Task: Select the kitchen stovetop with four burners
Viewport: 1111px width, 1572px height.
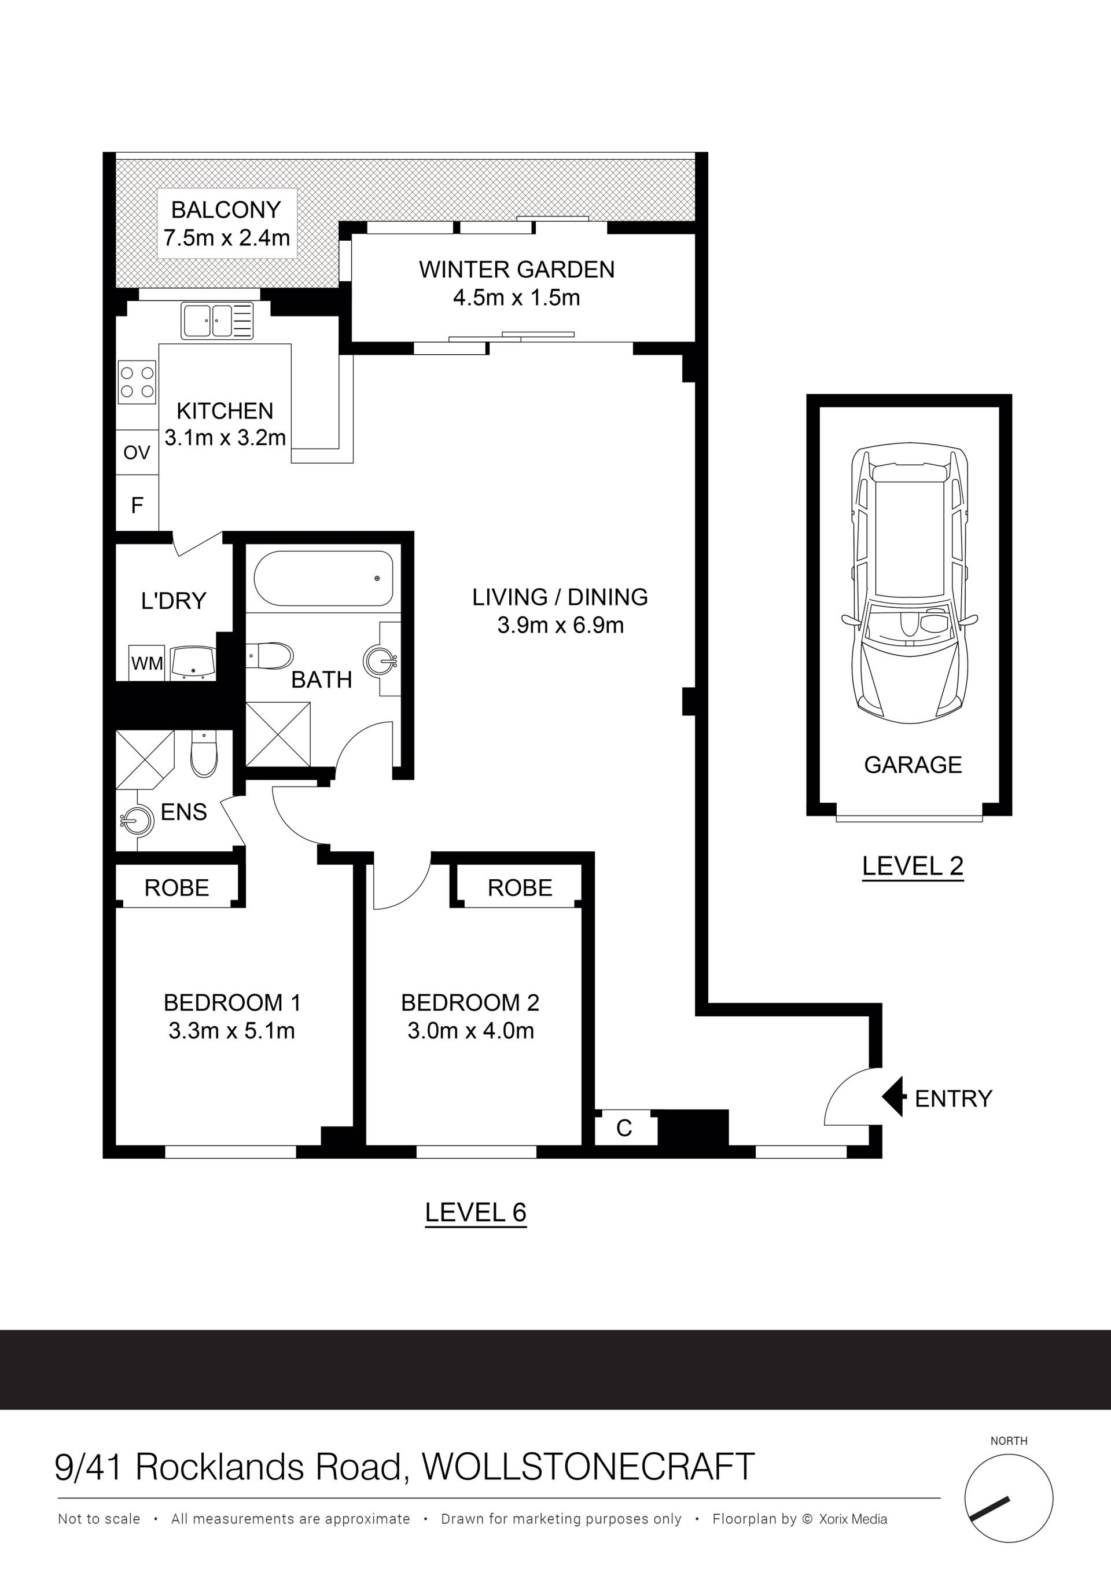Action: point(137,382)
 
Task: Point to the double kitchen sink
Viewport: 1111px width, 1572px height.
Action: point(217,321)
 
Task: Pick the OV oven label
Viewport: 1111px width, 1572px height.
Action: point(137,453)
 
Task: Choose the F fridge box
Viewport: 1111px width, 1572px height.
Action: point(137,505)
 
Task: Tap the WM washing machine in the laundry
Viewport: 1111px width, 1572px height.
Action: point(147,662)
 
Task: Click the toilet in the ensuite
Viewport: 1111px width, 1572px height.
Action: point(203,753)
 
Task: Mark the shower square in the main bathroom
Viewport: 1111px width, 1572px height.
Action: point(278,734)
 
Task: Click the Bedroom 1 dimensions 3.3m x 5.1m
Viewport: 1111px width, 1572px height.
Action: point(232,1030)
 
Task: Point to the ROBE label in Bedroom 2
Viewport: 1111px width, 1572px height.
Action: point(520,888)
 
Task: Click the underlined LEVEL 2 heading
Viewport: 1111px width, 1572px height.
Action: point(913,867)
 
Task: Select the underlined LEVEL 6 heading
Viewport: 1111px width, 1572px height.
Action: point(476,1213)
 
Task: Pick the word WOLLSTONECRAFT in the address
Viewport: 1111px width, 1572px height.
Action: point(588,1467)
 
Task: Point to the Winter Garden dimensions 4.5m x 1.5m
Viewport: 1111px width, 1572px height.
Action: point(517,298)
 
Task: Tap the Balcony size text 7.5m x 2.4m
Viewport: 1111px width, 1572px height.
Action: point(227,237)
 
